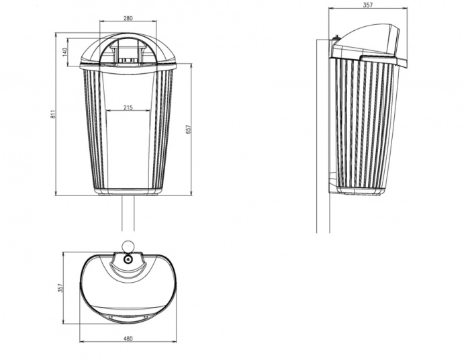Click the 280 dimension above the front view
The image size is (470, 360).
coord(128,18)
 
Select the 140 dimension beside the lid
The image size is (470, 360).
coord(65,52)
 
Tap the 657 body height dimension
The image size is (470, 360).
coord(198,129)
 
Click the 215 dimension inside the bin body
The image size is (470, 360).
coord(128,107)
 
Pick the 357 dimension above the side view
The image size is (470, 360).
coord(367,5)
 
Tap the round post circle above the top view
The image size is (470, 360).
coord(128,245)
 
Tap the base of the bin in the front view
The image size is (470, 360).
coord(128,191)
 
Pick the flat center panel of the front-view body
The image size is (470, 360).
coord(128,148)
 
